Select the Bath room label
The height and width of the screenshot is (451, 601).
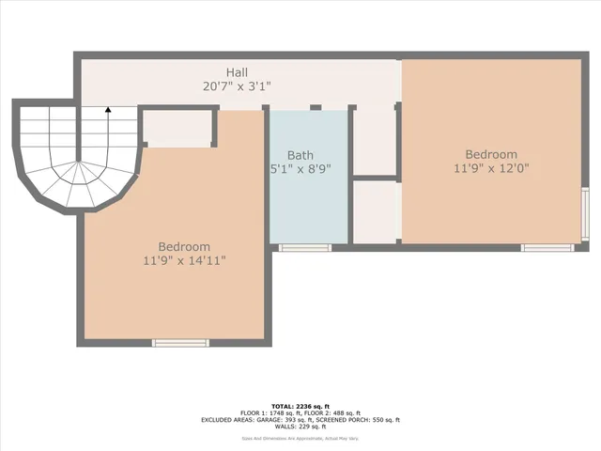(x=300, y=156)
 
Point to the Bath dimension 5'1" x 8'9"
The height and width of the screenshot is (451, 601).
(x=300, y=170)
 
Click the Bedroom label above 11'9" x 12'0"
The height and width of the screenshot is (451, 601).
(x=491, y=155)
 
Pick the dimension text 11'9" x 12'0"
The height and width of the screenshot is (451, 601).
(x=491, y=169)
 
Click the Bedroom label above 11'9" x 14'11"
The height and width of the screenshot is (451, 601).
(x=184, y=247)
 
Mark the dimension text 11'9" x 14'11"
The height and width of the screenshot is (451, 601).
(x=184, y=261)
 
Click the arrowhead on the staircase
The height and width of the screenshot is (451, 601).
(x=108, y=110)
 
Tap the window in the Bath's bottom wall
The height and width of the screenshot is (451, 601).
(x=305, y=248)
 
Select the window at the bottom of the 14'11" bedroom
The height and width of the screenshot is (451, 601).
(x=180, y=343)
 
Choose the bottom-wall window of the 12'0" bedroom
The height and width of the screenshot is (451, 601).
(x=547, y=248)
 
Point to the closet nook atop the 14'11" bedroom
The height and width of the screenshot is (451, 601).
(x=177, y=129)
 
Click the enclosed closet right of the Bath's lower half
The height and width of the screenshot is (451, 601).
(x=376, y=211)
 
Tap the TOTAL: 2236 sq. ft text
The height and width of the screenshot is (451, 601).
(x=300, y=405)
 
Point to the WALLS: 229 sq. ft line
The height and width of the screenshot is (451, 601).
(x=300, y=428)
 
